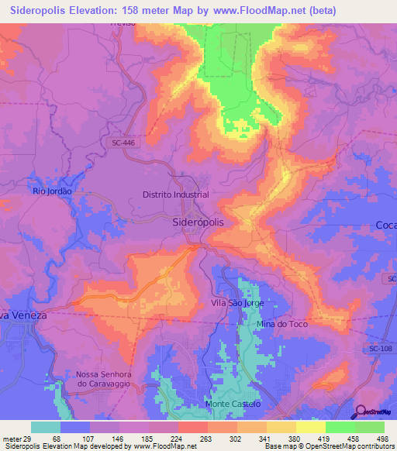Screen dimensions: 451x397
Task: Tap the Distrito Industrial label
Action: click(x=176, y=195)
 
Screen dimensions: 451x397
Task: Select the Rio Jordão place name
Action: click(x=52, y=191)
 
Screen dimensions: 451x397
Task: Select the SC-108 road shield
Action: click(x=381, y=349)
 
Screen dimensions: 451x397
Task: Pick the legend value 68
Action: click(x=57, y=439)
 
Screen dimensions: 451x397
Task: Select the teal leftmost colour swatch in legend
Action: click(x=46, y=427)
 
